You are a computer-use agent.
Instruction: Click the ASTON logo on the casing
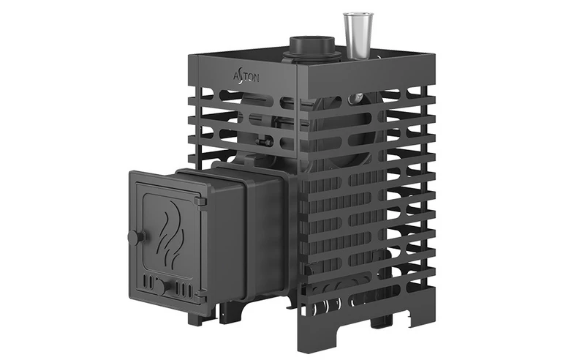pyautogui.click(x=246, y=78)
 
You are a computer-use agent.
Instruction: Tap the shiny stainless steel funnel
pyautogui.click(x=357, y=36)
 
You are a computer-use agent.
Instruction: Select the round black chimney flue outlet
pyautogui.click(x=312, y=48)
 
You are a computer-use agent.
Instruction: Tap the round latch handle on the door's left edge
pyautogui.click(x=136, y=237)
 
